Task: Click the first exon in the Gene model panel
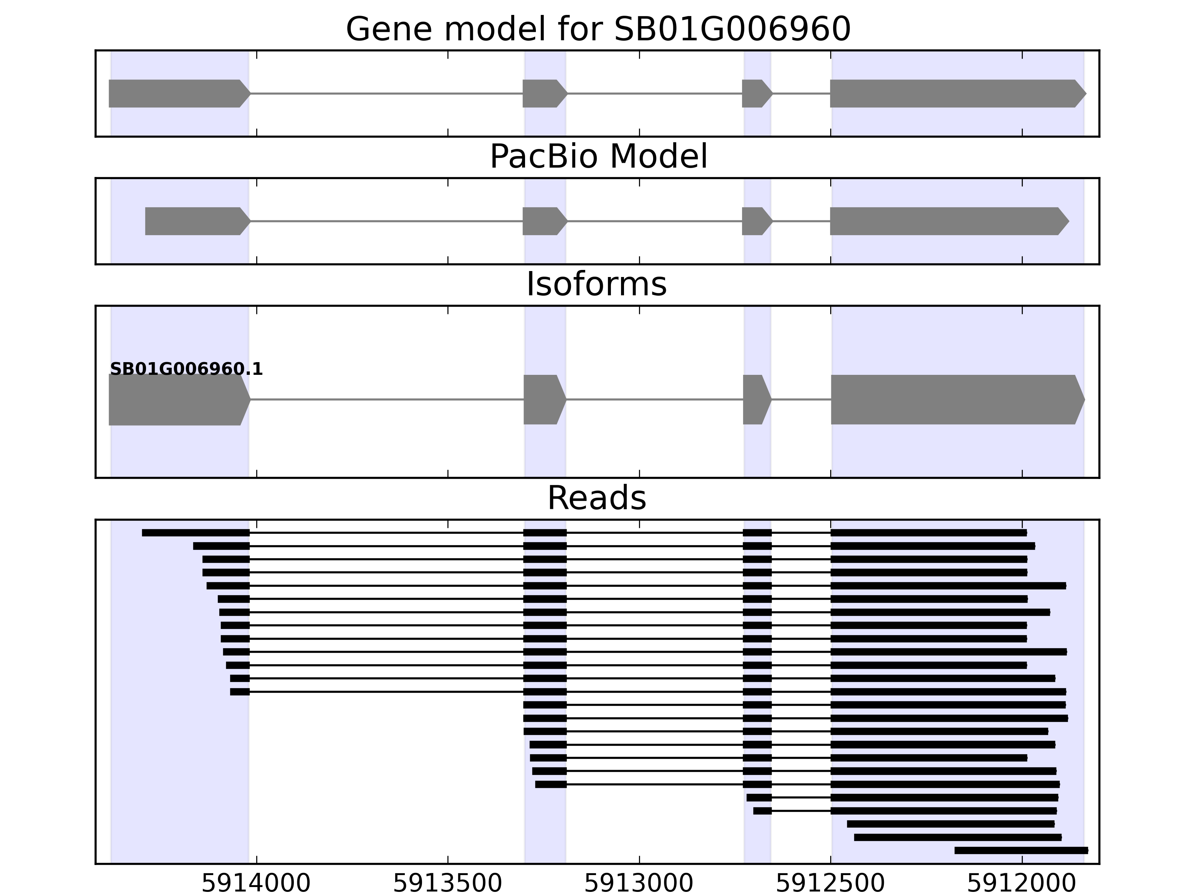[178, 93]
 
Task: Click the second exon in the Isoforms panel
[543, 400]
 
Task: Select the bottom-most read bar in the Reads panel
[1021, 850]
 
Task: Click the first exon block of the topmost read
[196, 532]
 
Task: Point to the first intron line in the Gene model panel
[386, 93]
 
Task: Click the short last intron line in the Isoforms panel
[801, 400]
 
